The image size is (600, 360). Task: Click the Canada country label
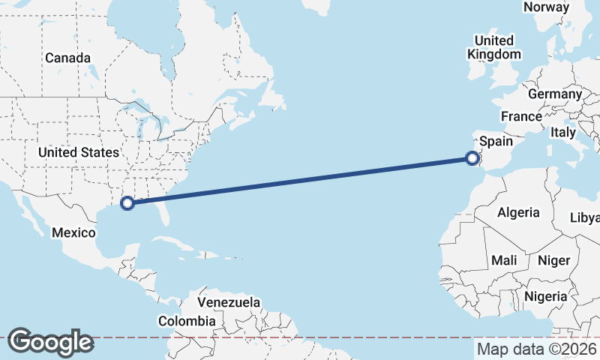[67, 58]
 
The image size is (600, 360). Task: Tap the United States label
[79, 152]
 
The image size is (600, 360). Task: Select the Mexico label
[73, 232]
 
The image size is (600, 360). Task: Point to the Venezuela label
[229, 302]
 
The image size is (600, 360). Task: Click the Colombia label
[187, 321]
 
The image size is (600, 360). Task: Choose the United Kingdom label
[493, 47]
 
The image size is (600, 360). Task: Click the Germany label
[554, 94]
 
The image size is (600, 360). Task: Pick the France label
[521, 116]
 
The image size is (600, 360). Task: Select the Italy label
[562, 132]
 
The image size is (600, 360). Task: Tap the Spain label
[496, 141]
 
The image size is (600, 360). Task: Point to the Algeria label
[518, 212]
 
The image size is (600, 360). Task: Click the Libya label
[586, 217]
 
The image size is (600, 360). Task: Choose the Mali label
[504, 260]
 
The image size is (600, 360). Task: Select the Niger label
[554, 260]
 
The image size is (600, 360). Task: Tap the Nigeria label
[545, 296]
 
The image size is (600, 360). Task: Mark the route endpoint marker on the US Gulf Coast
[127, 202]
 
